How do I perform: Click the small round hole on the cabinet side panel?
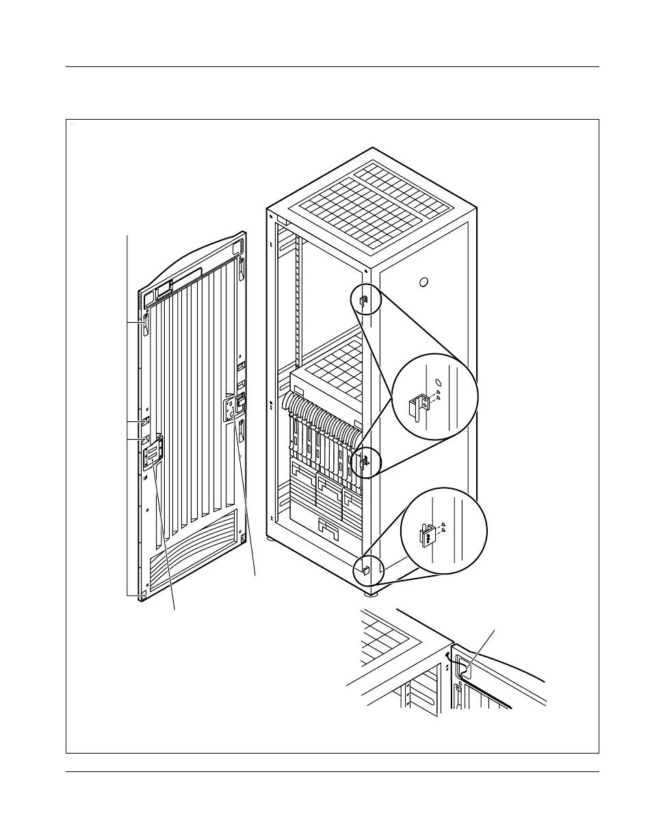[423, 282]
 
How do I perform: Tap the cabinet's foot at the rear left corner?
[273, 539]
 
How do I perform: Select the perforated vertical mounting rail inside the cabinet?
[297, 301]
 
